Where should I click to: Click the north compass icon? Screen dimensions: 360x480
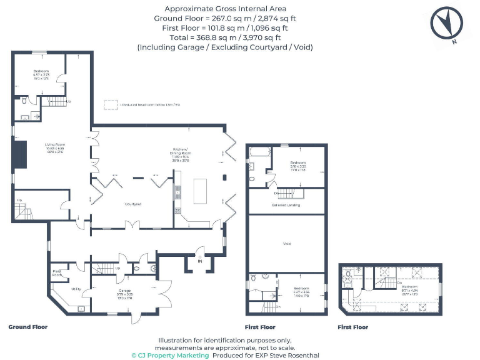coord(446,24)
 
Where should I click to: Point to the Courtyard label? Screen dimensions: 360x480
coord(132,204)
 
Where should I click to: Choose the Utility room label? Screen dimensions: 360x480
coord(77,289)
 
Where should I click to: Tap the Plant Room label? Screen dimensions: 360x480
coord(57,272)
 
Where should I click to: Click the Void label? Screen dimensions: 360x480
coord(287,244)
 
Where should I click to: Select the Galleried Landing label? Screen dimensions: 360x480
coord(286,205)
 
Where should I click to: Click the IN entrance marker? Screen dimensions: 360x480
coord(200,261)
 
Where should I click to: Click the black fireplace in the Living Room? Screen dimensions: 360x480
coord(20,156)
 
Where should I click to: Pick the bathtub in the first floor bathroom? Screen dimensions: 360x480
coord(258,152)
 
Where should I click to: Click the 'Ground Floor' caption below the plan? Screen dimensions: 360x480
coord(27,327)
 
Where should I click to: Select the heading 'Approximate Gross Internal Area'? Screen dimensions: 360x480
coord(225,9)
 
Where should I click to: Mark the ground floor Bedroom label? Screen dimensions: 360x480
coord(41,71)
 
